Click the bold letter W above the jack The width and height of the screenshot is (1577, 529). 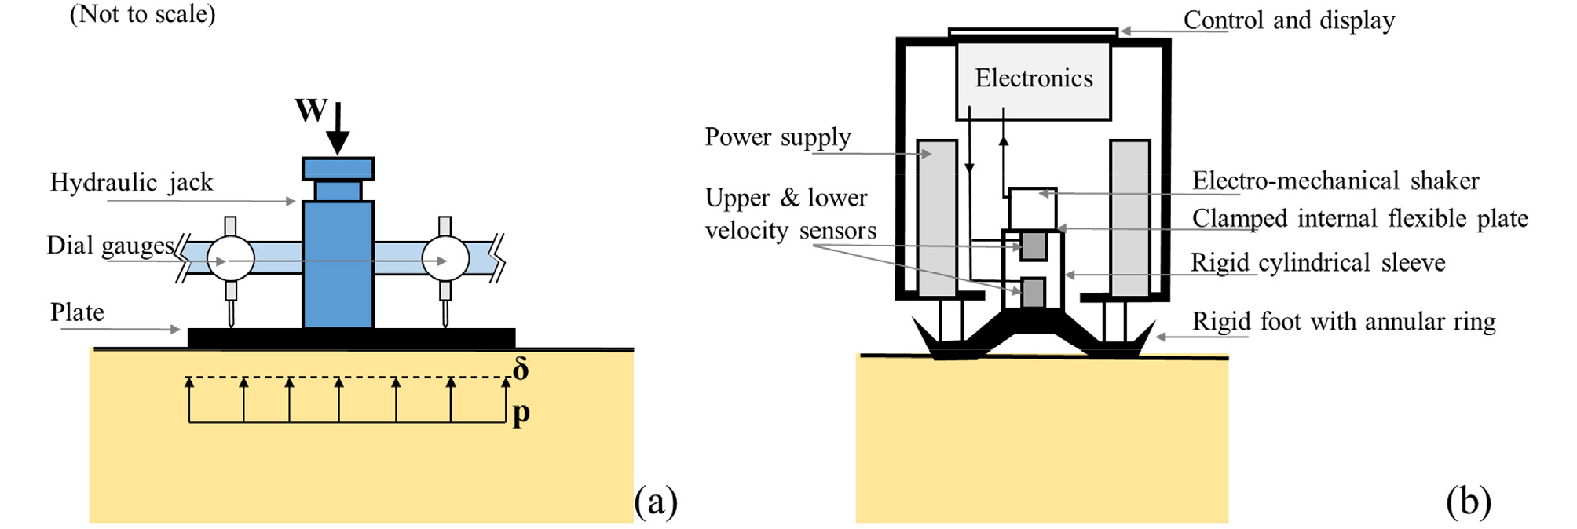coord(310,111)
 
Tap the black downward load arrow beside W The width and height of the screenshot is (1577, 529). coord(338,129)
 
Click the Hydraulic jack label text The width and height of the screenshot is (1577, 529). coord(131,182)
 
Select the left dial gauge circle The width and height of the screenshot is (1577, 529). coord(230,258)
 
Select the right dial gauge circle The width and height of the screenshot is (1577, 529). coord(445,258)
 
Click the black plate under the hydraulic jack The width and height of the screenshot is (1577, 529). coord(351,338)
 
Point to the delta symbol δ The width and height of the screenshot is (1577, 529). coord(521,369)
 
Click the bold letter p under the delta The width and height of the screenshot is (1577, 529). coord(521,413)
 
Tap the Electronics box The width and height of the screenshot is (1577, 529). coord(1034,79)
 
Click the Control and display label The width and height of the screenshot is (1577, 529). coord(1289,20)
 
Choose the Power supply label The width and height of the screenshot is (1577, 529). coord(778,137)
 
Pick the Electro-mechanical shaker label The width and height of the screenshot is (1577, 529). coord(1335,181)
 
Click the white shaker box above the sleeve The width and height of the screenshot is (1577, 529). coord(1033,209)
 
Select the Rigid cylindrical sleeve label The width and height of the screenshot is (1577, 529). coord(1318,263)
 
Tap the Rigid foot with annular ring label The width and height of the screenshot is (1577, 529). coord(1344,322)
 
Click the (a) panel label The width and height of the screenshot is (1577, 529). coord(656,501)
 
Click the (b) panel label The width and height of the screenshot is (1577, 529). coord(1468,501)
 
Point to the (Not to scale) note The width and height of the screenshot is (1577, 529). coord(142,14)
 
